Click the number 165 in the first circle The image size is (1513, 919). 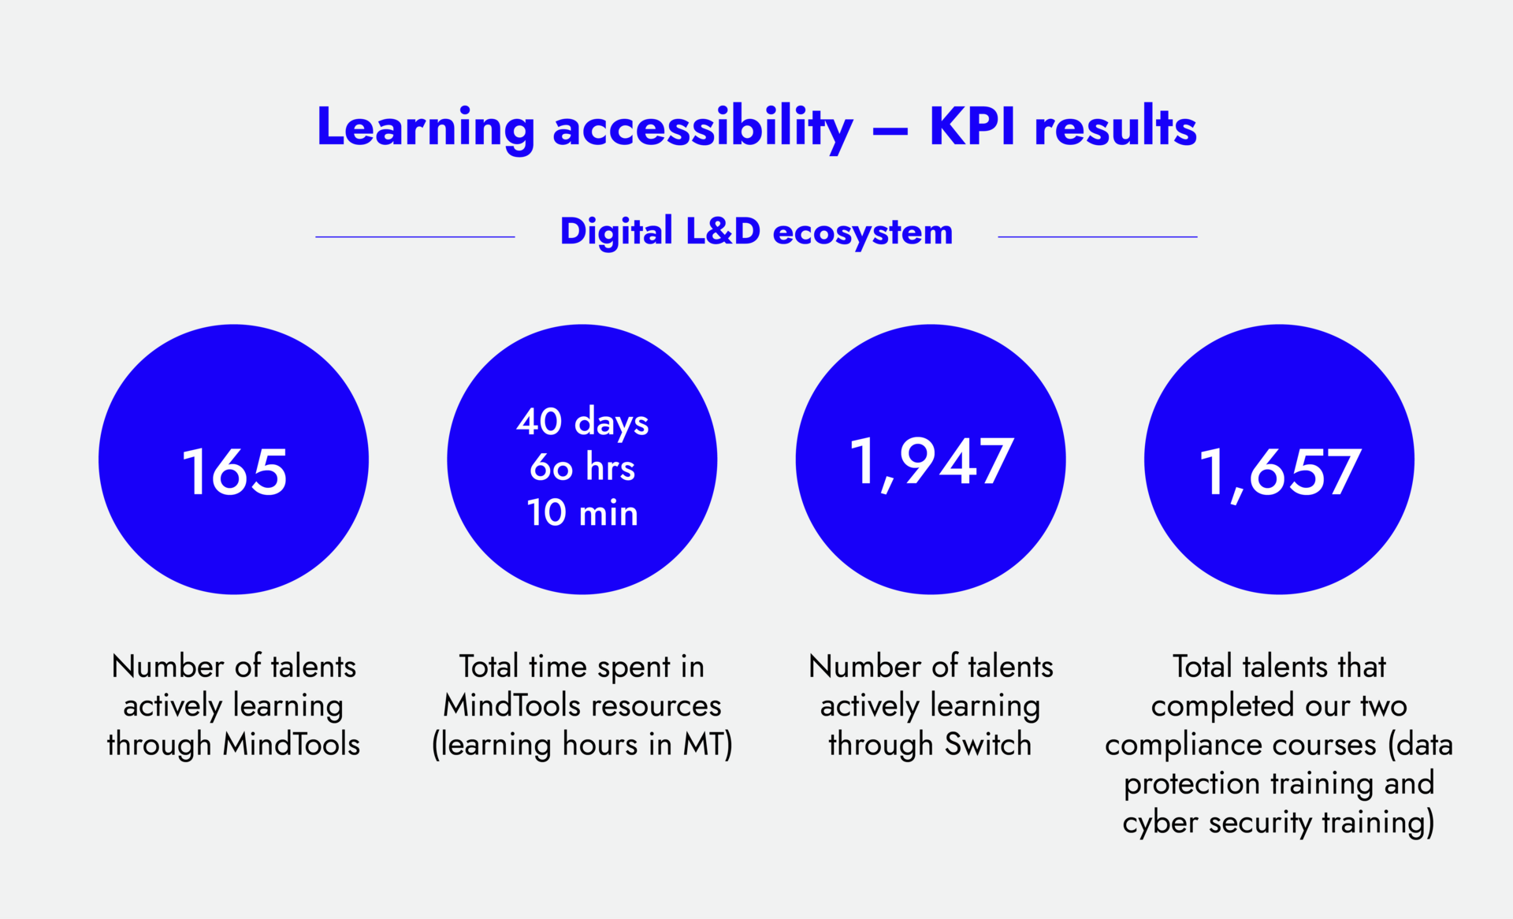234,472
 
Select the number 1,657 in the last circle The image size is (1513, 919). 1279,472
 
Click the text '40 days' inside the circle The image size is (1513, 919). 582,422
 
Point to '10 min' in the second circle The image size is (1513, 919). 582,513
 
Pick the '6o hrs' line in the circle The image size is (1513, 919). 582,467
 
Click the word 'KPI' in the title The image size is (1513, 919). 972,126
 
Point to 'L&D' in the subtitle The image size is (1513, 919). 723,232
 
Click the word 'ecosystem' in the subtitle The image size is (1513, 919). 863,233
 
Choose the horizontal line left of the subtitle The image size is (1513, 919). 415,236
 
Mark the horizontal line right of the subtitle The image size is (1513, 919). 1097,236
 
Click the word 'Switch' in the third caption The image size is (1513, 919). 987,744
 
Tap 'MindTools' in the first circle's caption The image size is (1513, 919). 291,744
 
